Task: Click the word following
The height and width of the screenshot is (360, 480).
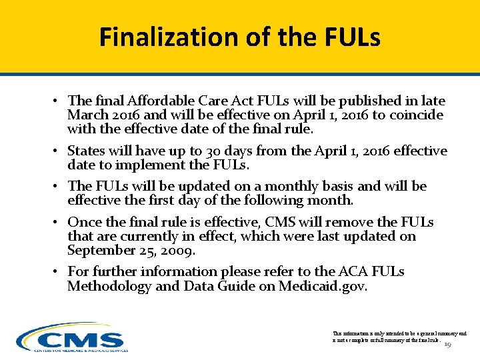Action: point(291,200)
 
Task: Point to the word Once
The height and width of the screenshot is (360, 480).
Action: point(84,222)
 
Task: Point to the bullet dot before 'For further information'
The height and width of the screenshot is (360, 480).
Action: point(58,272)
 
